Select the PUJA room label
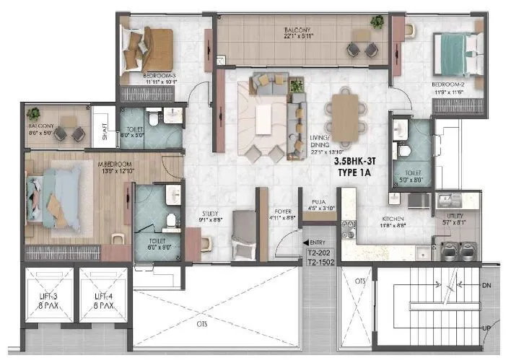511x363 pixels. click(x=319, y=203)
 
